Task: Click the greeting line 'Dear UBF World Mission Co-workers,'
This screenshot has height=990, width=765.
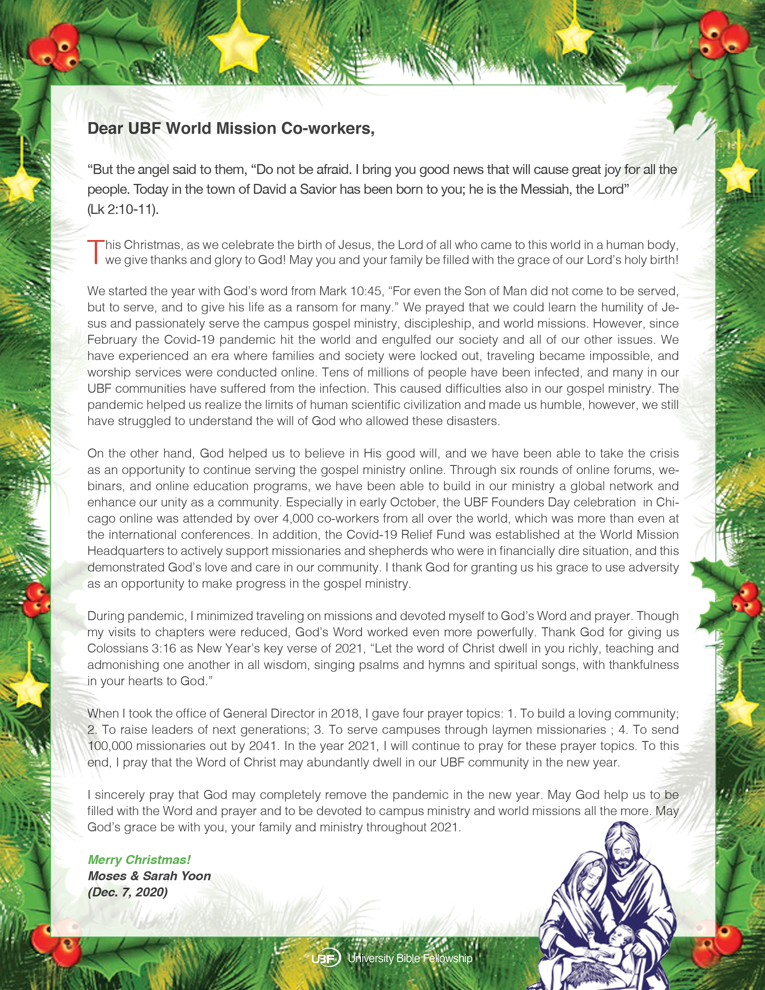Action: click(x=231, y=128)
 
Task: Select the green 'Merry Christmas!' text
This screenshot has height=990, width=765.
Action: click(x=139, y=859)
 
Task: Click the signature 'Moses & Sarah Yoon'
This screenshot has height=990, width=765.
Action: click(x=149, y=876)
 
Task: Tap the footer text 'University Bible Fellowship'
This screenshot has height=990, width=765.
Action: click(x=410, y=958)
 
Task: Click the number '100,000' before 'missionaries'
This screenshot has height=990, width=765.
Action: click(x=110, y=746)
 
